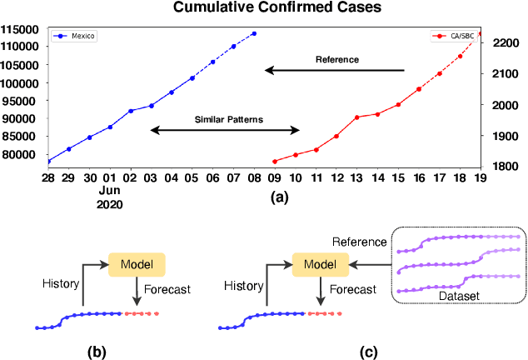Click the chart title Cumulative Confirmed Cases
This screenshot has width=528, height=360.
pyautogui.click(x=264, y=9)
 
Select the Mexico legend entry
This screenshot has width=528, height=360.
pyautogui.click(x=75, y=37)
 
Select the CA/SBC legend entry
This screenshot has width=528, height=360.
pyautogui.click(x=456, y=37)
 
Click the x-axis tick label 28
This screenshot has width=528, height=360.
pyautogui.click(x=48, y=178)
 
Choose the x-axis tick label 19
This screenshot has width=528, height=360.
pyautogui.click(x=480, y=178)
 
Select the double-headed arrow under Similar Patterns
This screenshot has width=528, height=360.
pyautogui.click(x=225, y=130)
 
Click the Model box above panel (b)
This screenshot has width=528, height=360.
pyautogui.click(x=137, y=265)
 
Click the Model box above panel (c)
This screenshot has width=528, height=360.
pyautogui.click(x=320, y=265)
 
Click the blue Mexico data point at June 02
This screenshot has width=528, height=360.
pyautogui.click(x=130, y=111)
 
